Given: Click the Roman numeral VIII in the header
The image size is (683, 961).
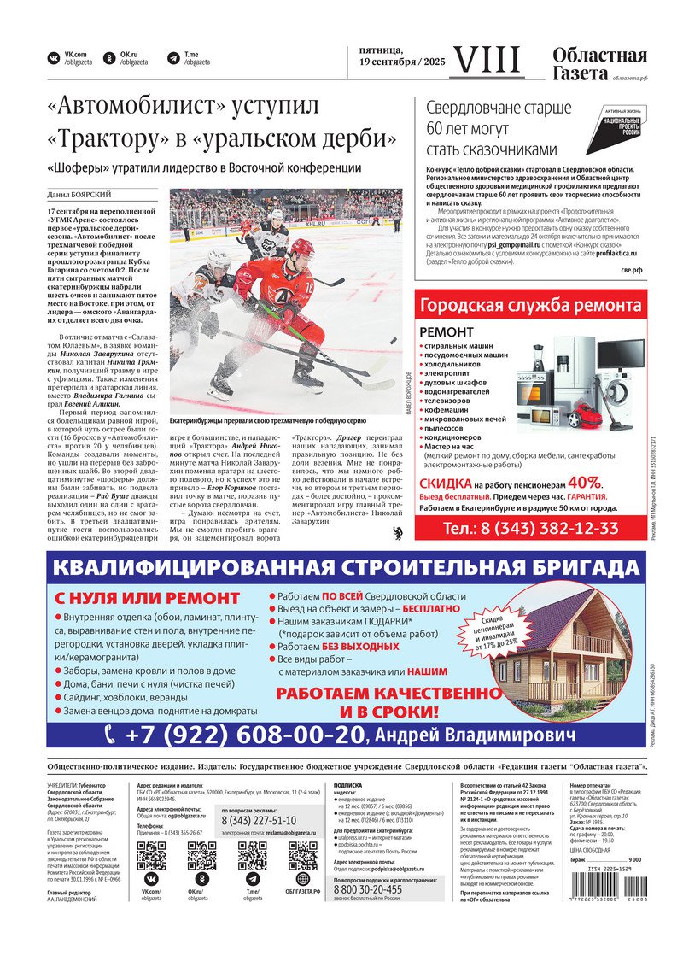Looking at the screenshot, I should click(487, 60).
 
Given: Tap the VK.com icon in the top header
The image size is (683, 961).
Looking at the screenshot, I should click(54, 58).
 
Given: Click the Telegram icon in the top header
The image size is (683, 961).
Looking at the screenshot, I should click(173, 58).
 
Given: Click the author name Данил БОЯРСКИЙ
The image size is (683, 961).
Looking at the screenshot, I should click(79, 195).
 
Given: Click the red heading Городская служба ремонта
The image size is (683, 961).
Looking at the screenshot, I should click(530, 306).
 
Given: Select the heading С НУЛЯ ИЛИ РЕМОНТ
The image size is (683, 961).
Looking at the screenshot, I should click(148, 598).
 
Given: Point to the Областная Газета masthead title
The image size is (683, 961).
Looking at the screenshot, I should click(599, 64).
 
